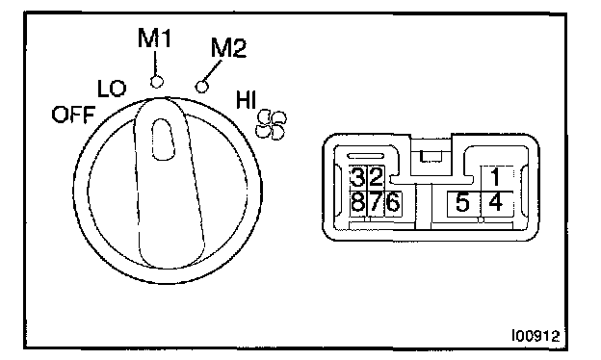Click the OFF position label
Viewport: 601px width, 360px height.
click(73, 115)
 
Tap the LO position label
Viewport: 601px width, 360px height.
click(112, 89)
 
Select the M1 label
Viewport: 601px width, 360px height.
click(154, 39)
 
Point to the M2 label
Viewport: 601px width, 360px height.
click(229, 48)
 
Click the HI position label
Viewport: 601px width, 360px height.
click(246, 99)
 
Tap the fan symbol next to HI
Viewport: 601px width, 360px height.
click(272, 125)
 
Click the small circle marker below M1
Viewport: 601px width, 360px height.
click(156, 82)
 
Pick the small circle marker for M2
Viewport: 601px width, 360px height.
click(202, 87)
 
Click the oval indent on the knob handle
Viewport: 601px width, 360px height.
click(164, 140)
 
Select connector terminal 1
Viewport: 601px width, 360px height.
click(496, 178)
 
